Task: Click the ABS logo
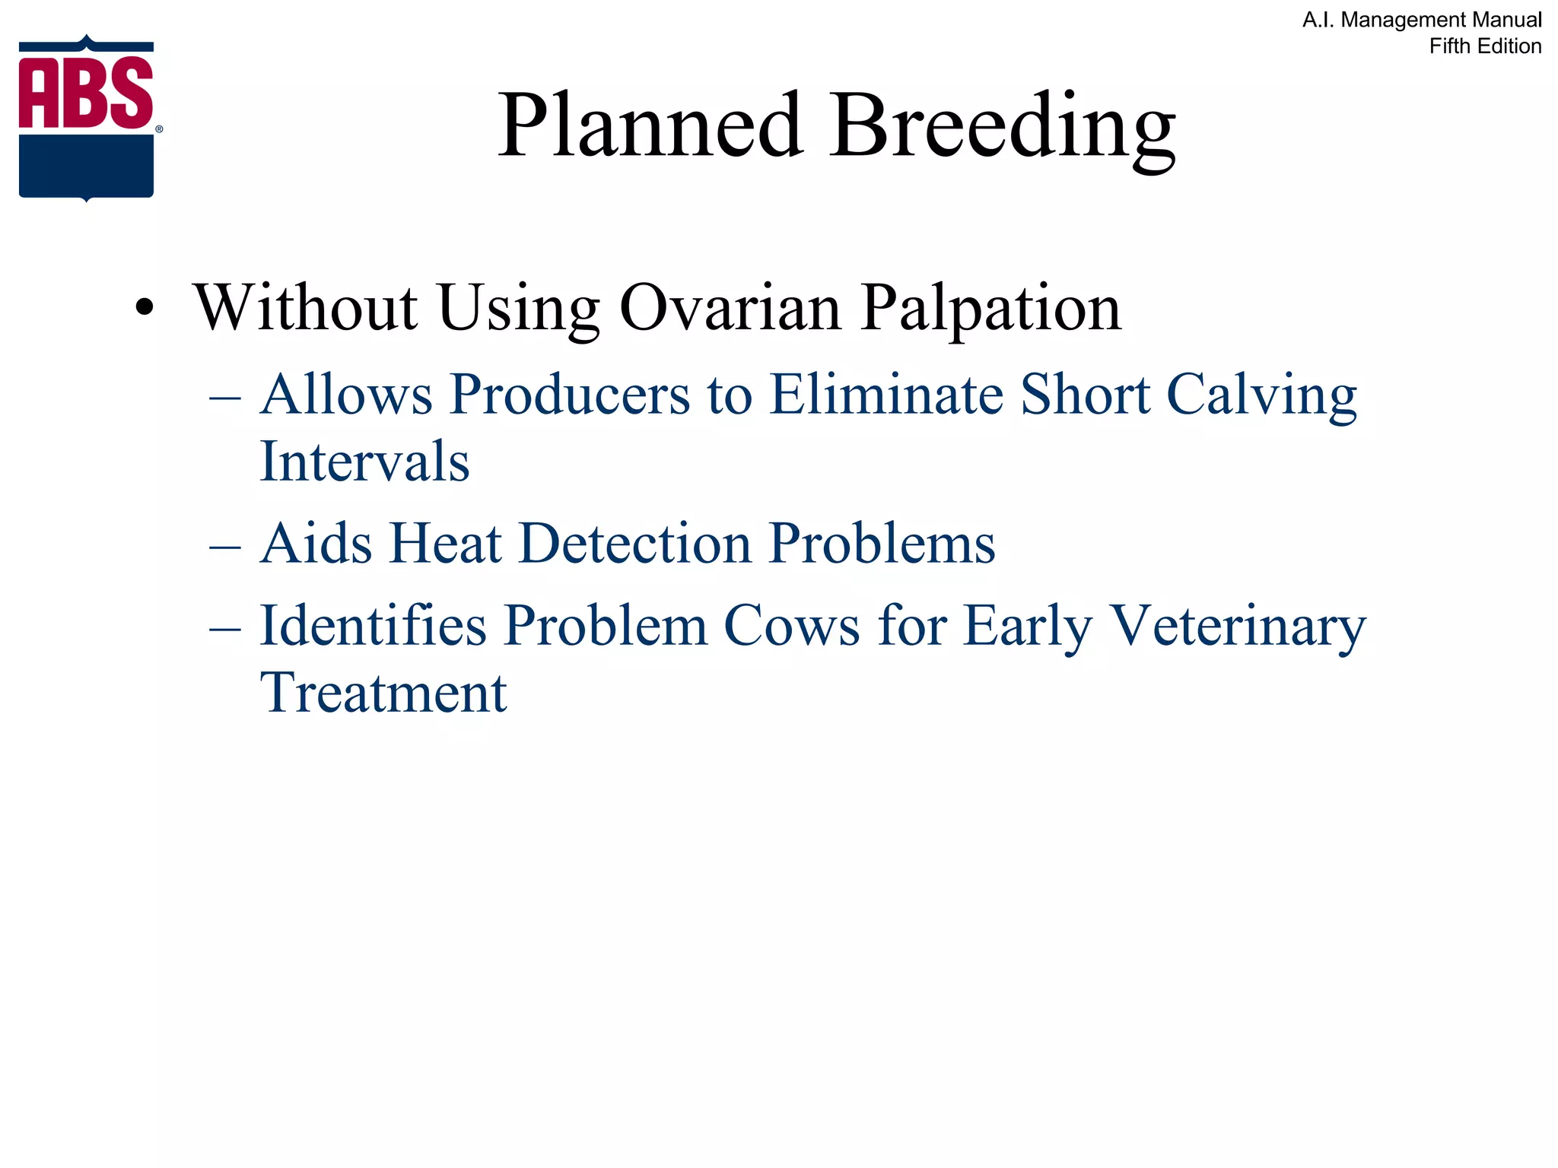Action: (x=86, y=118)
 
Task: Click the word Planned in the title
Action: (x=650, y=125)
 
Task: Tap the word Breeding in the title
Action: (x=1003, y=125)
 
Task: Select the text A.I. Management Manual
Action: (x=1422, y=20)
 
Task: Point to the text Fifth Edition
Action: (x=1485, y=46)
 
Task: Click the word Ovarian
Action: (x=730, y=308)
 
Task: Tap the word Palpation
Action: (x=990, y=308)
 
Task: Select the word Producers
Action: (x=569, y=395)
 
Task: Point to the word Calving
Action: (x=1261, y=395)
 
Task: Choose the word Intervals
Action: (x=364, y=462)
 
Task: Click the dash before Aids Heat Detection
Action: (x=225, y=545)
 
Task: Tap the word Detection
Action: (x=634, y=544)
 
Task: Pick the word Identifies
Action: (x=373, y=626)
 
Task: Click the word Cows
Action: (x=791, y=626)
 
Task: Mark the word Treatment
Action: (x=383, y=693)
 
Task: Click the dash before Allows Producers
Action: (x=225, y=396)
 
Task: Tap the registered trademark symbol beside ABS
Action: (x=159, y=129)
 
